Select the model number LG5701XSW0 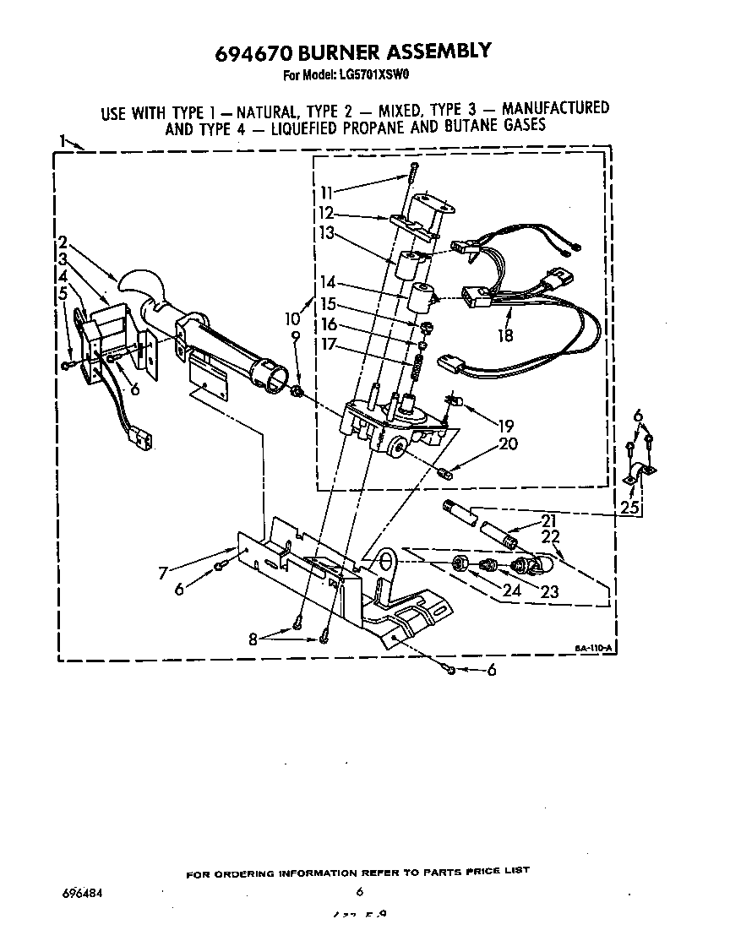370,74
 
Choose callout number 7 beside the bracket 163,573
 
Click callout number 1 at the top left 63,140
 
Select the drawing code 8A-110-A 594,648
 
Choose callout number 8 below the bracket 252,639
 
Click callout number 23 550,592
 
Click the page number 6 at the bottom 359,892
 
